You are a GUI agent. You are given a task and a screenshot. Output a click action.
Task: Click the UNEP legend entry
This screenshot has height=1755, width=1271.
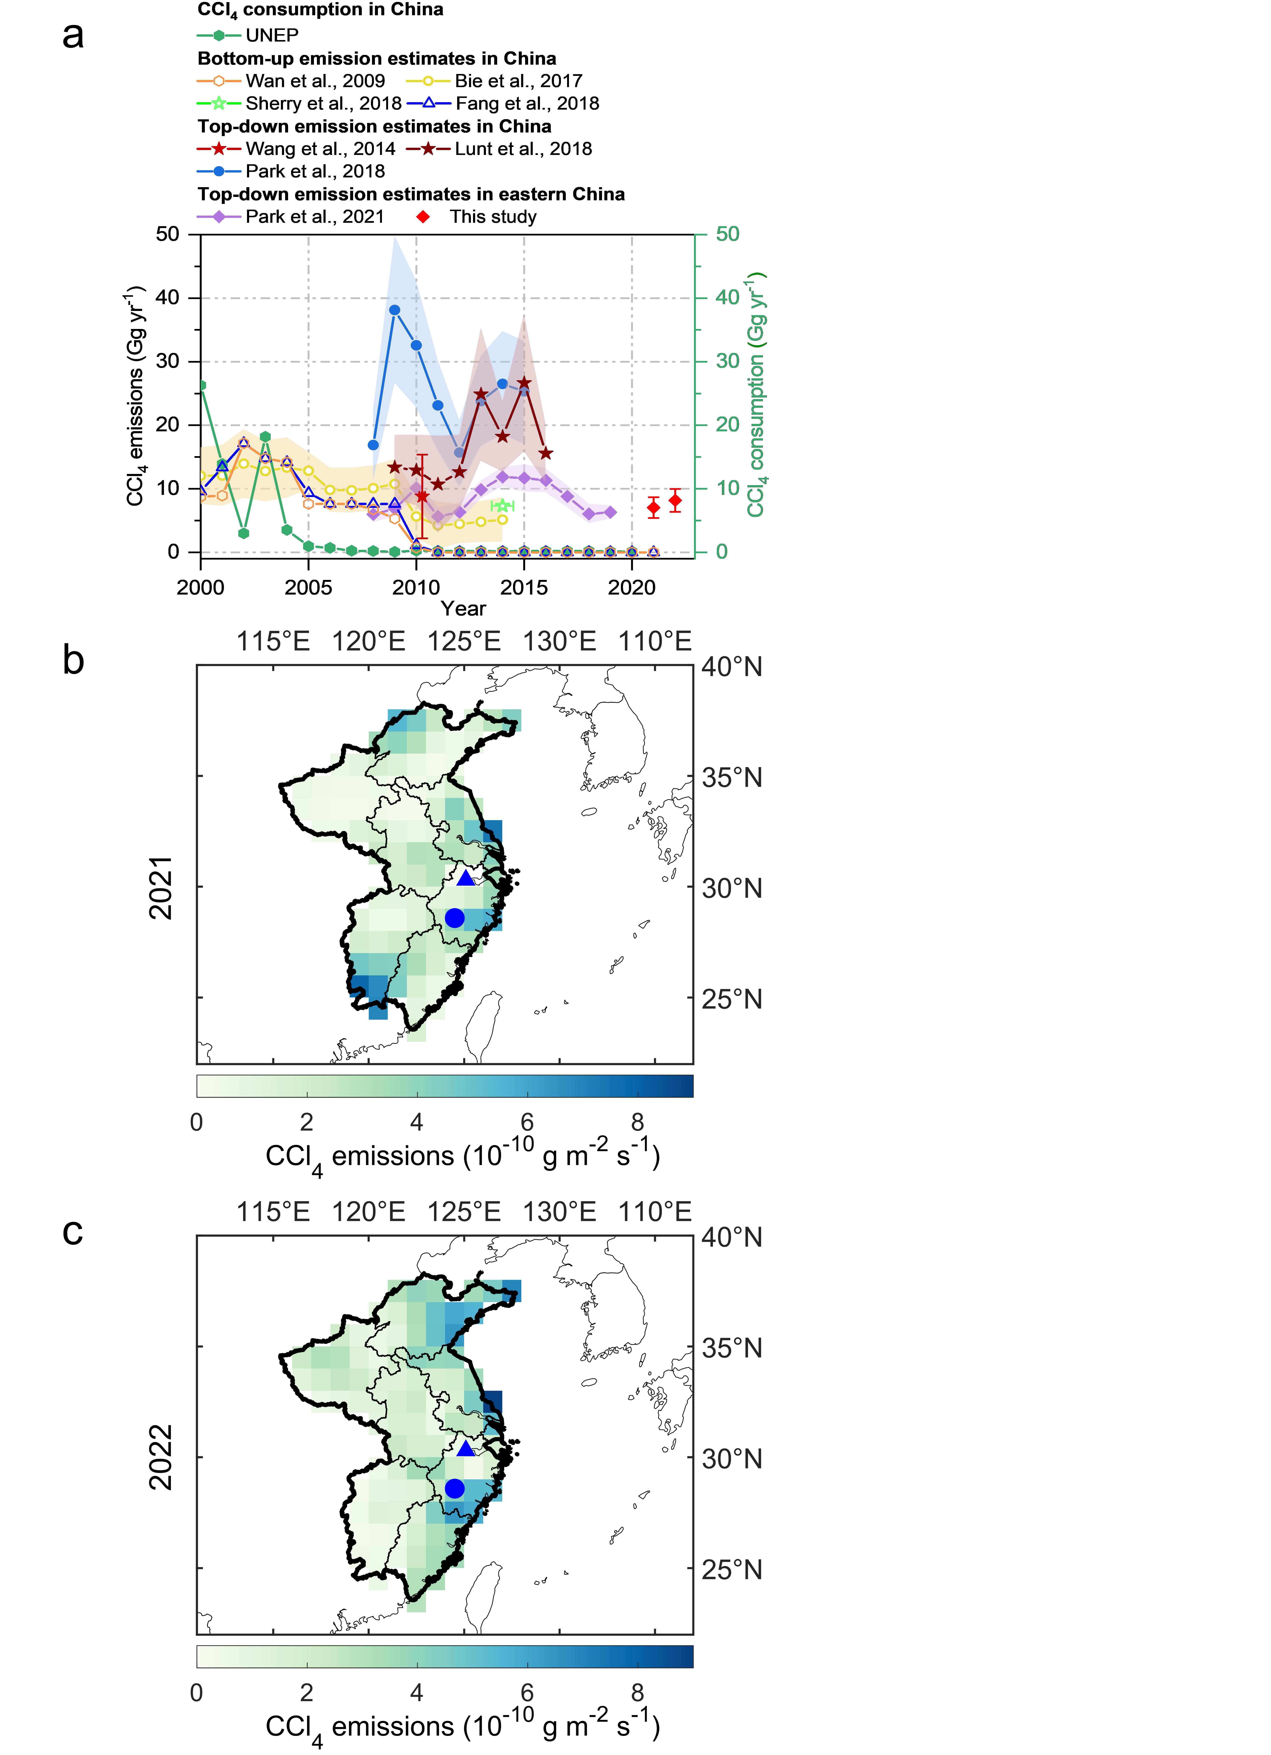(248, 35)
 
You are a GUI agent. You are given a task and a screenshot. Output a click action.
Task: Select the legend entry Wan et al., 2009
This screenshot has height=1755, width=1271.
(291, 81)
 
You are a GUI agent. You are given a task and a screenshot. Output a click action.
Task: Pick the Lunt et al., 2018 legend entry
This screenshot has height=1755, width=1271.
(499, 149)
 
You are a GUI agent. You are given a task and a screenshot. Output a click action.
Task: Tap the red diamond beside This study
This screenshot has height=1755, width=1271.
(423, 217)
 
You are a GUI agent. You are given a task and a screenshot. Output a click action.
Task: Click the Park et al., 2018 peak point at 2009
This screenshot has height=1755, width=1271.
(394, 310)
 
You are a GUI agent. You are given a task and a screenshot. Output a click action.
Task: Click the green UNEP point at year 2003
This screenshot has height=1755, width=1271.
(265, 436)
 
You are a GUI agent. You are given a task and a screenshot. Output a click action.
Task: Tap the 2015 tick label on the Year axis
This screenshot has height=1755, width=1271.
(524, 587)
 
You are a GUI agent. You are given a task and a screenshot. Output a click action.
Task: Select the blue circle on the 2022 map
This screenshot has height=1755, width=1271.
(455, 1488)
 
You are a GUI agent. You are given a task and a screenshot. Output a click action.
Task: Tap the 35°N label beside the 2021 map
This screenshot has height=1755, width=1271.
(732, 778)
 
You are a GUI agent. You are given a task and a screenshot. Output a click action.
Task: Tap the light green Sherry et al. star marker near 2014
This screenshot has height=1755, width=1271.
(502, 505)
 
